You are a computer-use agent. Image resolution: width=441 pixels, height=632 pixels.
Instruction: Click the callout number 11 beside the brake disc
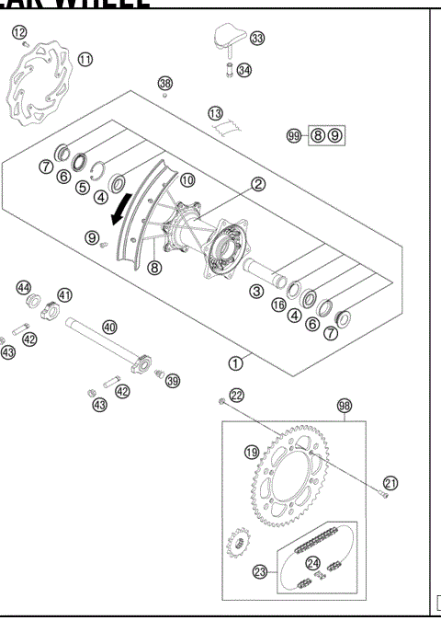[x=85, y=60]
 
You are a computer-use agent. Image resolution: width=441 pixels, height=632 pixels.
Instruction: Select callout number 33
[x=256, y=38]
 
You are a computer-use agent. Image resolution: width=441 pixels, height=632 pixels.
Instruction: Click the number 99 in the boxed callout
[x=294, y=135]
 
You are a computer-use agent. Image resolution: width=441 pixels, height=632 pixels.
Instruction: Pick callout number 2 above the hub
[x=258, y=184]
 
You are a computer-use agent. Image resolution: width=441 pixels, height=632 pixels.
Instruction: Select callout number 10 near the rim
[x=187, y=180]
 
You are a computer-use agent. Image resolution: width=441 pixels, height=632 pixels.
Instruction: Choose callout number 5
[x=82, y=188]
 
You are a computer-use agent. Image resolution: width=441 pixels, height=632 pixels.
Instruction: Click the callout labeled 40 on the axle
[x=109, y=327]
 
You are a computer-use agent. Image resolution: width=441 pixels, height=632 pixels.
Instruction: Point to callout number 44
[x=25, y=287]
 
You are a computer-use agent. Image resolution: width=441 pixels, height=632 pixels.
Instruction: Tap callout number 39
[x=173, y=381]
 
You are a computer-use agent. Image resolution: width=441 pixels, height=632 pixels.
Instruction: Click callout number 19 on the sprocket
[x=251, y=451]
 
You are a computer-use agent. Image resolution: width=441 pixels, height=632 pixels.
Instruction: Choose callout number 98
[x=345, y=406]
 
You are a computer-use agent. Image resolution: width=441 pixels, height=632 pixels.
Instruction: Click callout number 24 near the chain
[x=313, y=563]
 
